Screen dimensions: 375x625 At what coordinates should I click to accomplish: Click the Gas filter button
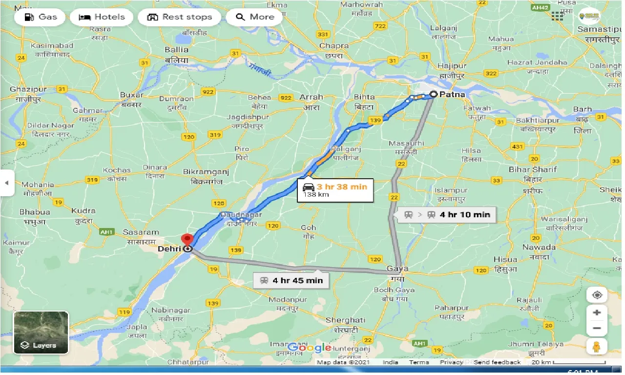pyautogui.click(x=41, y=17)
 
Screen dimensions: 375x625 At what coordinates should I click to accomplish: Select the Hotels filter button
pyautogui.click(x=102, y=17)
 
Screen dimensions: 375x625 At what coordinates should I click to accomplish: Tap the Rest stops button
pyautogui.click(x=180, y=17)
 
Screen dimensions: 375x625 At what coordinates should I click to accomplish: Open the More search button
pyautogui.click(x=254, y=17)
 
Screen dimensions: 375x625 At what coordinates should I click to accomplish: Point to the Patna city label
pyautogui.click(x=452, y=94)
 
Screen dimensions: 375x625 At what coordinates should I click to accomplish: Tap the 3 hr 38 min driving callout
pyautogui.click(x=335, y=190)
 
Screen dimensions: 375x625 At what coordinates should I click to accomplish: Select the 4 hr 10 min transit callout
pyautogui.click(x=447, y=214)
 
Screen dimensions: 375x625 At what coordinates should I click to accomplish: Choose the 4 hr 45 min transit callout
pyautogui.click(x=292, y=280)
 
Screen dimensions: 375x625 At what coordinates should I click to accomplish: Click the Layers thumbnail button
pyautogui.click(x=41, y=333)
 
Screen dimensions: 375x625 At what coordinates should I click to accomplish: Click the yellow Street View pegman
pyautogui.click(x=597, y=346)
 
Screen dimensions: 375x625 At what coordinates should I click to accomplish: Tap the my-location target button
pyautogui.click(x=597, y=295)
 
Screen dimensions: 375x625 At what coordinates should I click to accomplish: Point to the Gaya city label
pyautogui.click(x=397, y=269)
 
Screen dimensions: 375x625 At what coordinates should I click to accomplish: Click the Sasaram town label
pyautogui.click(x=141, y=232)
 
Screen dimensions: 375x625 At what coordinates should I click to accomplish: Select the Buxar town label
pyautogui.click(x=132, y=95)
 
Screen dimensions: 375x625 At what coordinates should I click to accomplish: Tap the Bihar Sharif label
pyautogui.click(x=533, y=169)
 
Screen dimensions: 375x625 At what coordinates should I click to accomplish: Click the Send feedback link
pyautogui.click(x=497, y=362)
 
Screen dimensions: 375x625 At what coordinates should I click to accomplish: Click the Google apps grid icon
pyautogui.click(x=558, y=16)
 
